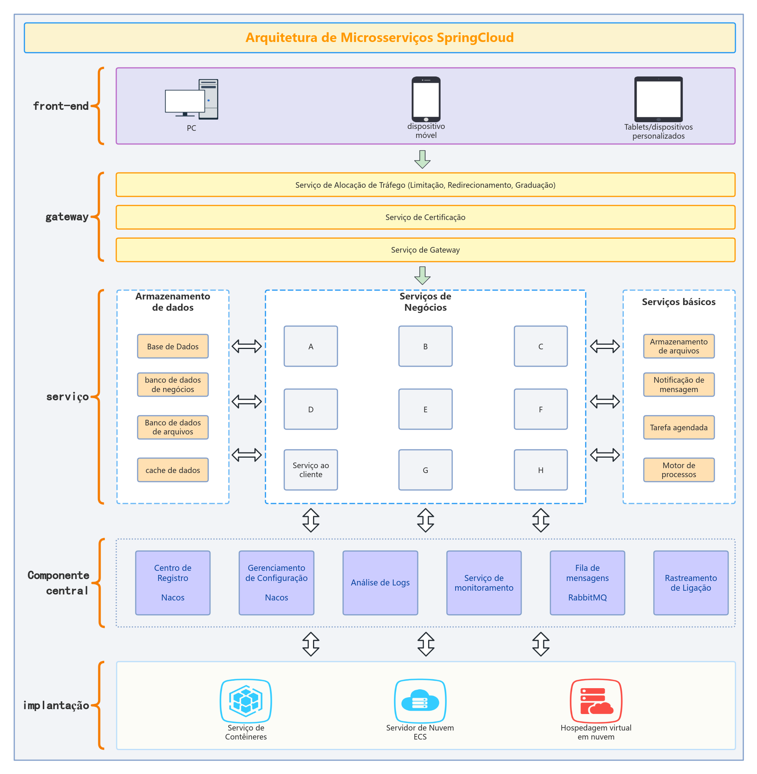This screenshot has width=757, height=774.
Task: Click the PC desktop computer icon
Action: coord(191,99)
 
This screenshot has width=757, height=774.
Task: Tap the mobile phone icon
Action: coord(426,99)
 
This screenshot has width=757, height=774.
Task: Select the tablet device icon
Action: coord(658,99)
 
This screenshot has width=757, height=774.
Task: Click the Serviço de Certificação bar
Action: coord(426,217)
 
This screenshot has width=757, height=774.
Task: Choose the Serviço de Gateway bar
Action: coord(426,250)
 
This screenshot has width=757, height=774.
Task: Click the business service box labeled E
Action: coord(426,409)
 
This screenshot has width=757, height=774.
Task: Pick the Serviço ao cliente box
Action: coord(310,470)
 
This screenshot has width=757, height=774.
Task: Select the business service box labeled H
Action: coord(541,470)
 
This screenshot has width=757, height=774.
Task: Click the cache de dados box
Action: coord(173,470)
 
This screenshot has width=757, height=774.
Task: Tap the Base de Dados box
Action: coord(173,346)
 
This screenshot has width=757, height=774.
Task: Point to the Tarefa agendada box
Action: coord(679,427)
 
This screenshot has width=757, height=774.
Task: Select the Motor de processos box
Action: coord(679,470)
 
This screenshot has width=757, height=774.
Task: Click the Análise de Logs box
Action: coord(380,583)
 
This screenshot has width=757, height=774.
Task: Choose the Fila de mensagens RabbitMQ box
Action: coord(587,583)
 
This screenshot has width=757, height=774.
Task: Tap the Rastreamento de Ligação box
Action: coord(691,583)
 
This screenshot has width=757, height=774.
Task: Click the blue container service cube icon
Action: coord(246,701)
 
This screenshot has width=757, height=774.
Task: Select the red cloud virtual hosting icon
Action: coord(596,701)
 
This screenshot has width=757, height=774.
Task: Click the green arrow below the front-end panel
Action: coord(422,159)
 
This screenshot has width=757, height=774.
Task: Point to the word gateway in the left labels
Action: coord(67,217)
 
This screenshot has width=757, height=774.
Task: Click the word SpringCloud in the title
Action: coord(475,37)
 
